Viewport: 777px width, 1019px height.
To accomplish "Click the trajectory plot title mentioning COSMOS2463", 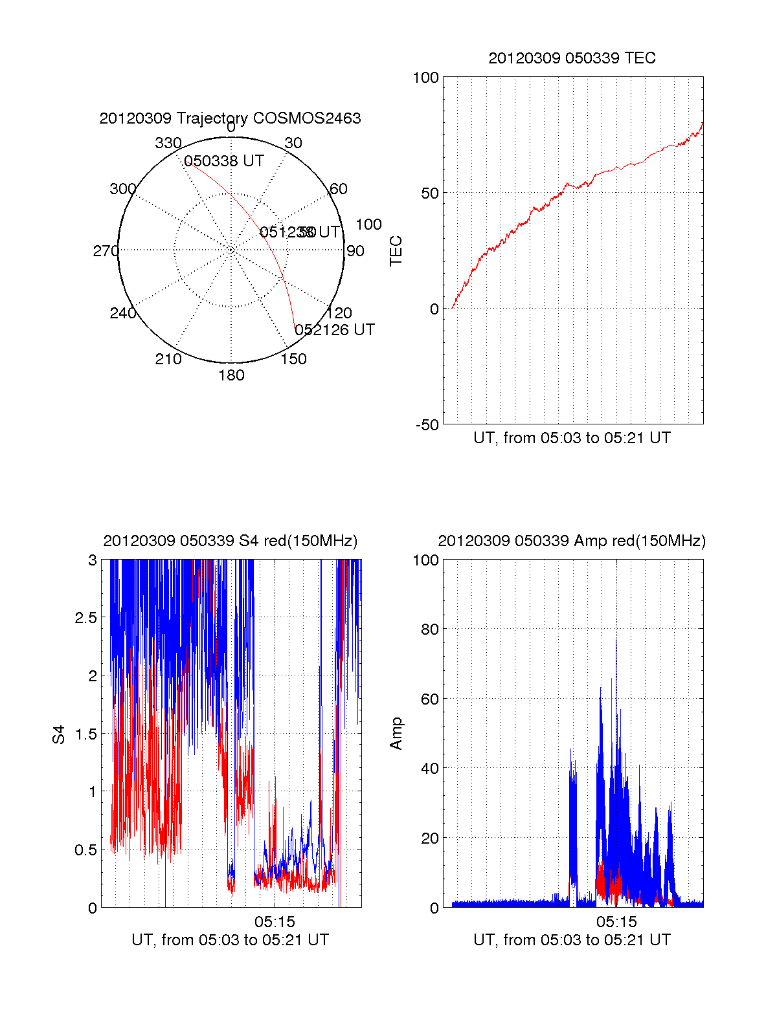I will tap(230, 118).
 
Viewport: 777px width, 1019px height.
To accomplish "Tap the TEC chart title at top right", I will tap(572, 58).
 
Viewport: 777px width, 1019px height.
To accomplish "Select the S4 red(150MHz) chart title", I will tap(230, 541).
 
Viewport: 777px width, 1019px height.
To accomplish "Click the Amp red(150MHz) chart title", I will tap(572, 541).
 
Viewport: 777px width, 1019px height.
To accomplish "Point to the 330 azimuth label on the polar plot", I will tap(168, 143).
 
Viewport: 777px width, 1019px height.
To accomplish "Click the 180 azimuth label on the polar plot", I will tap(231, 375).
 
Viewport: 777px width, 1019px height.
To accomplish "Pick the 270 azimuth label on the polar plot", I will tap(106, 251).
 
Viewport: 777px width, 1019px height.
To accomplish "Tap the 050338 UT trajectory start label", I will tap(224, 161).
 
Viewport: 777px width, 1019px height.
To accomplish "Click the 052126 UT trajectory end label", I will tap(335, 330).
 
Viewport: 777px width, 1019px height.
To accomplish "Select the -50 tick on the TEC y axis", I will tap(427, 425).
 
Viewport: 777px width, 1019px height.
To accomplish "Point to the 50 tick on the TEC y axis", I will tap(430, 193).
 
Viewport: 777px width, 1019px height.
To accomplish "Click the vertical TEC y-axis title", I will tap(396, 251).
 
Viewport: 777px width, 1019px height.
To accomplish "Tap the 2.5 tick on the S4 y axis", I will tap(86, 618).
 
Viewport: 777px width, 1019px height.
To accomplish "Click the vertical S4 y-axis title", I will tap(59, 734).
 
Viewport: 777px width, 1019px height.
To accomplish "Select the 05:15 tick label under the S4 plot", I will tap(275, 922).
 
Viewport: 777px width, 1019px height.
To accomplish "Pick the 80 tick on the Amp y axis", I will tap(430, 629).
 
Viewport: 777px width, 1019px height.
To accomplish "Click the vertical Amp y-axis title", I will tap(396, 734).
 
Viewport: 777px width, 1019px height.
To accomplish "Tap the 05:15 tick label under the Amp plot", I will tap(616, 922).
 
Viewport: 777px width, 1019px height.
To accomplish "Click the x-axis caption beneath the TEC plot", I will tap(572, 438).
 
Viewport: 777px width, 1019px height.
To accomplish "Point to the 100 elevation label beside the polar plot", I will tap(368, 225).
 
